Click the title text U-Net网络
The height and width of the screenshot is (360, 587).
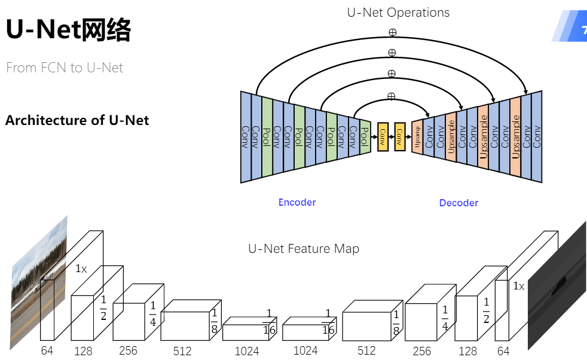click(x=68, y=30)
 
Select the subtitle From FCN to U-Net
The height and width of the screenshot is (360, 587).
click(x=65, y=68)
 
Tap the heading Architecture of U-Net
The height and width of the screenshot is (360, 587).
click(x=77, y=120)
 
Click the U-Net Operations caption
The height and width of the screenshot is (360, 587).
click(x=398, y=12)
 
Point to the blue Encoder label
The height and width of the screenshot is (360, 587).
click(x=297, y=202)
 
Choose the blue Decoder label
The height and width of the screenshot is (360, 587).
click(x=458, y=203)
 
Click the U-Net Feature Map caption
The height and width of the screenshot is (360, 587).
click(x=304, y=249)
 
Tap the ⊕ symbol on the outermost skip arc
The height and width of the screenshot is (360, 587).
click(x=392, y=32)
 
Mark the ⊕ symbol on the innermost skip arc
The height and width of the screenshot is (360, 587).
click(x=392, y=96)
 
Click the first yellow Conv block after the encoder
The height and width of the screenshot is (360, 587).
click(x=383, y=137)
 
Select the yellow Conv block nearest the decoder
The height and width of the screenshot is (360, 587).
click(x=400, y=137)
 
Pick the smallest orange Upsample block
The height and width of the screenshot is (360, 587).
click(x=417, y=137)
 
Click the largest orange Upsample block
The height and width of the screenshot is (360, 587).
click(x=515, y=137)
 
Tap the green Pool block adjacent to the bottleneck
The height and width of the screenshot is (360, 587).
click(x=365, y=137)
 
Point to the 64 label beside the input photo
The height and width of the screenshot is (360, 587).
click(x=47, y=350)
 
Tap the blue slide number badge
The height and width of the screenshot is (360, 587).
click(x=571, y=29)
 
